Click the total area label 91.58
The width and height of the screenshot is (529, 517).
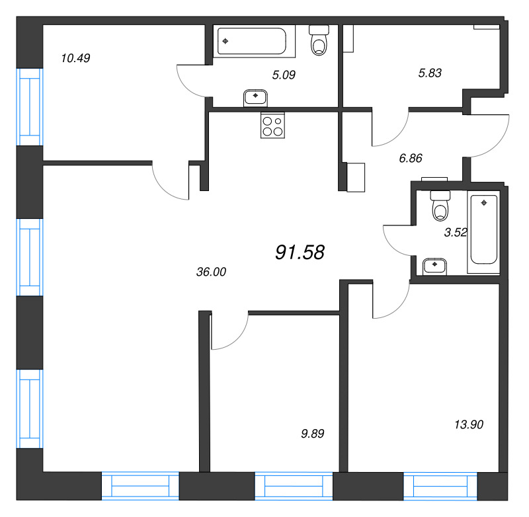[x=300, y=253]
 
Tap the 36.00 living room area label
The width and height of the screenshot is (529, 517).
[x=211, y=272]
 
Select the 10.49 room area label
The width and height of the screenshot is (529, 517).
[x=75, y=58]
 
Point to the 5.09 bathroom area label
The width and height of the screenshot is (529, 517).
[x=284, y=75]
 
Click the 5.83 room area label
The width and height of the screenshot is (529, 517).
[x=430, y=73]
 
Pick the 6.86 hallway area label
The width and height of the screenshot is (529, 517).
[x=411, y=158]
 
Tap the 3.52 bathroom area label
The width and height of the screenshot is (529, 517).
[x=456, y=232]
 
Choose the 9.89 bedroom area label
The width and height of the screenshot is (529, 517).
[x=312, y=433]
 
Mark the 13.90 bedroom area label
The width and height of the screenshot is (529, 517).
[x=469, y=424]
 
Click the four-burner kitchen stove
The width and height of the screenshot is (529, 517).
[x=272, y=126]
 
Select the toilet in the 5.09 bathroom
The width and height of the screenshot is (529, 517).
[x=319, y=40]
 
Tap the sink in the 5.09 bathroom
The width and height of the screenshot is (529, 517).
[x=255, y=98]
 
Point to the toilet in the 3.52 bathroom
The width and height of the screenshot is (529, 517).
[x=440, y=206]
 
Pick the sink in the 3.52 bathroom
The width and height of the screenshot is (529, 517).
[x=434, y=266]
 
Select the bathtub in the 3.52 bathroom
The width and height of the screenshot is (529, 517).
[x=483, y=232]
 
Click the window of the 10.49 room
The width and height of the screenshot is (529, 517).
[x=30, y=107]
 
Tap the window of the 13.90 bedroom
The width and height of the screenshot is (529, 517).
[x=440, y=486]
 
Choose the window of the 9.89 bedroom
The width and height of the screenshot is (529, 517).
[x=294, y=486]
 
